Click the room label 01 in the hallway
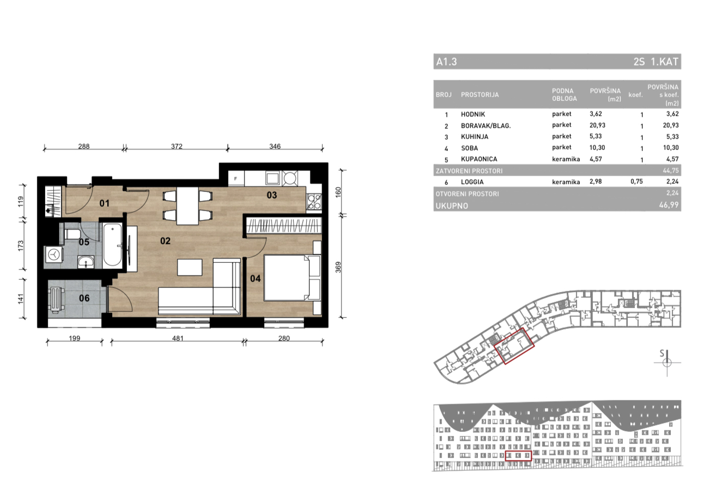(x=104, y=203)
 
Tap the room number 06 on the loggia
(x=84, y=298)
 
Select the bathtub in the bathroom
(x=112, y=245)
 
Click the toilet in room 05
(x=72, y=234)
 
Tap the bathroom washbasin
(x=86, y=262)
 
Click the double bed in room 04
(x=292, y=278)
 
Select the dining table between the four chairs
(x=187, y=206)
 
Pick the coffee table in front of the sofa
(x=190, y=267)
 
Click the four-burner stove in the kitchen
(x=314, y=202)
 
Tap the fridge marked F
(x=236, y=179)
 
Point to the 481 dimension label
(x=178, y=338)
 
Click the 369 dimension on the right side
(x=338, y=267)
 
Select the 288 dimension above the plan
(x=84, y=146)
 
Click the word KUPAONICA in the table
(x=479, y=159)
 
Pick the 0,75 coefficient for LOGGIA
(x=637, y=182)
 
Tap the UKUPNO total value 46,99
(x=669, y=205)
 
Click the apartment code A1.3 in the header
(x=446, y=62)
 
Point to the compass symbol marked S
(x=666, y=362)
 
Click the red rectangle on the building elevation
(x=518, y=455)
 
